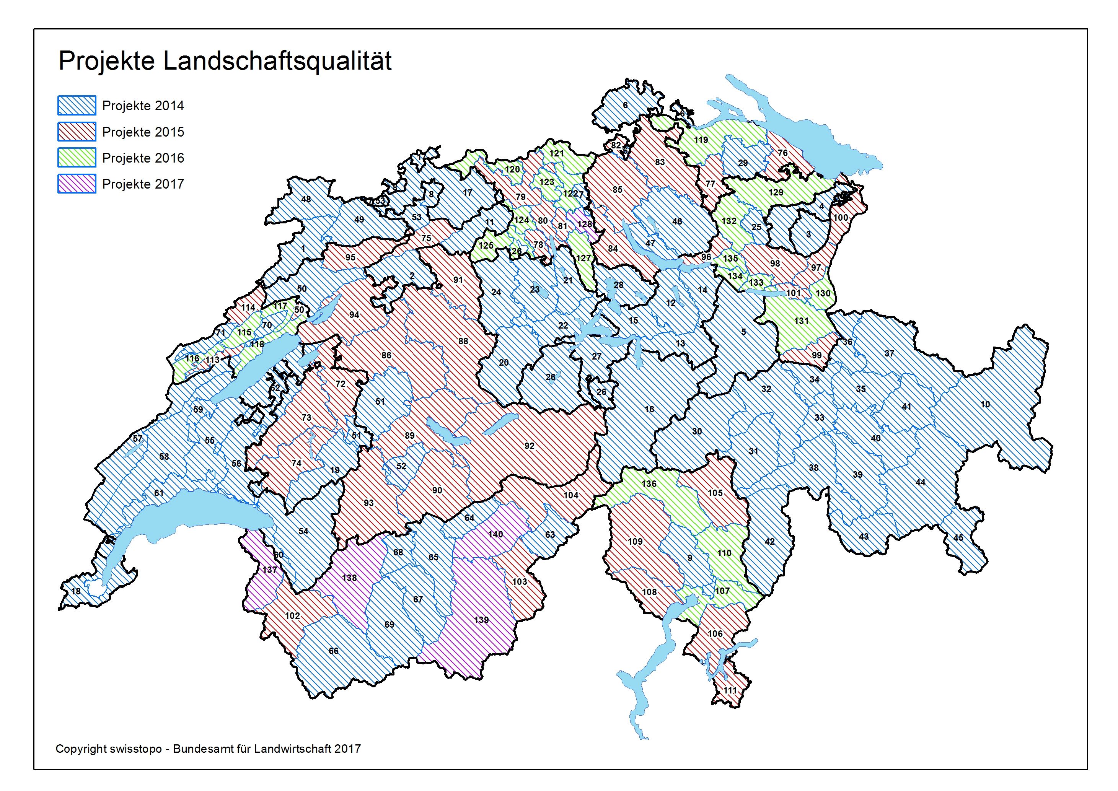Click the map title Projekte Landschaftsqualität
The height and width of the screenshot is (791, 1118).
[x=225, y=61]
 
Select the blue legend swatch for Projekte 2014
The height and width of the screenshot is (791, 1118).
[x=77, y=105]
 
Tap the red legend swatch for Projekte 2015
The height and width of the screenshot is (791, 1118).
[x=77, y=132]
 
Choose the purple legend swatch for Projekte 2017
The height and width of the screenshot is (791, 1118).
[x=77, y=184]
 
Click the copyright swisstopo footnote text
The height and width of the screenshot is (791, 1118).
[x=208, y=749]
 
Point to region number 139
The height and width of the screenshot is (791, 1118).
[x=481, y=620]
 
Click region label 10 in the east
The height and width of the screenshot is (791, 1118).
[x=984, y=404]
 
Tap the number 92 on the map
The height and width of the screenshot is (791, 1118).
[x=529, y=446]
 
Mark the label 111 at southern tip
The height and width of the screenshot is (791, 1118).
[x=730, y=690]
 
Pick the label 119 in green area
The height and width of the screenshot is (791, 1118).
[x=701, y=140]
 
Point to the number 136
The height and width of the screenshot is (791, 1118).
[x=649, y=483]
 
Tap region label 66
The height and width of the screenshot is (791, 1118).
[x=333, y=651]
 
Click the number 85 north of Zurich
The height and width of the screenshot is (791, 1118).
[x=617, y=189]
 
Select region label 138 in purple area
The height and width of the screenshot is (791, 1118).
[x=349, y=578]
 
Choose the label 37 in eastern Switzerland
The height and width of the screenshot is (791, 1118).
[x=889, y=353]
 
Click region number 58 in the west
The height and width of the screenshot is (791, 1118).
[x=164, y=456]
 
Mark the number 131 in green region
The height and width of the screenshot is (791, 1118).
[x=801, y=321]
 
